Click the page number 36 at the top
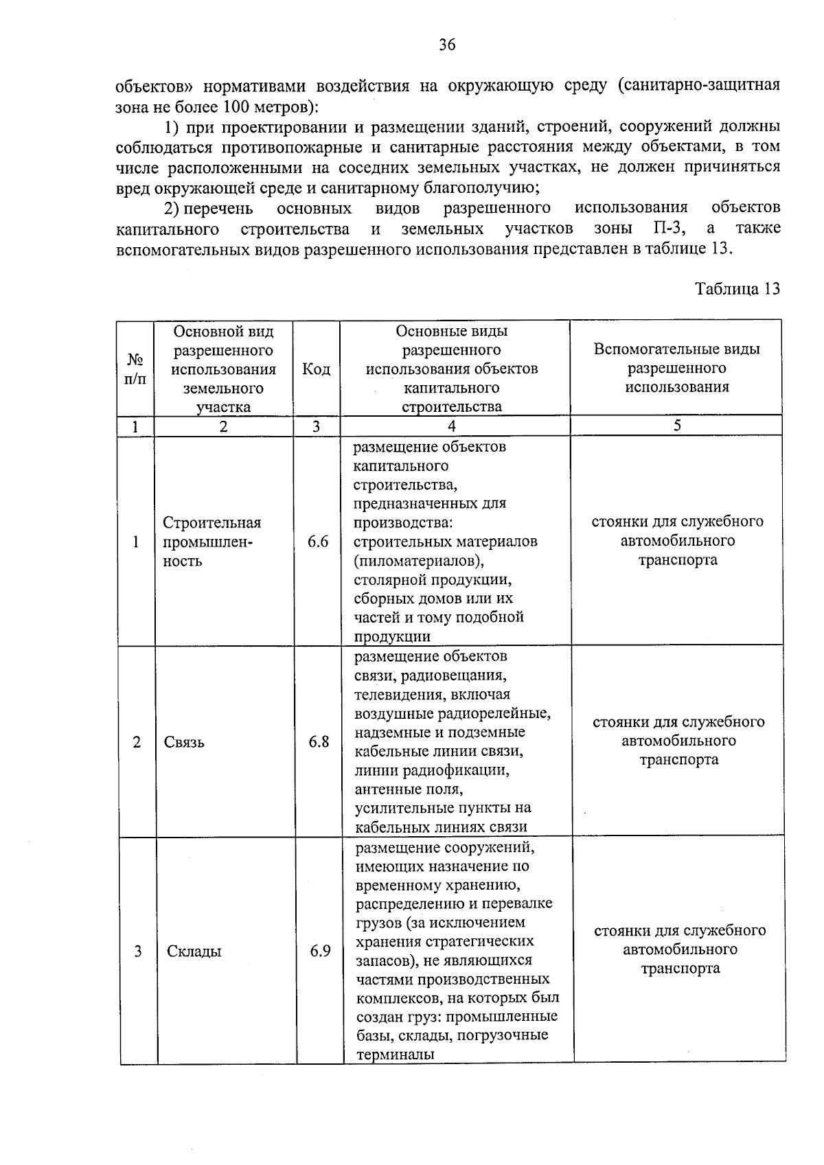447,45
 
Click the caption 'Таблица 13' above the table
737,288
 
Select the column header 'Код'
317,369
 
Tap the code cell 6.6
318,542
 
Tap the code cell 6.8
319,741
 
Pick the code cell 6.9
320,951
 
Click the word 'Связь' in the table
184,742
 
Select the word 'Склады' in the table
194,951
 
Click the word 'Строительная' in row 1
211,522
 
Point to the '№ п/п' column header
135,369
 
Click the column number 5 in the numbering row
677,425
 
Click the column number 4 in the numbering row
452,426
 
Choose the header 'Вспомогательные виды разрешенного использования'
676,368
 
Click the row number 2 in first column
137,742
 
